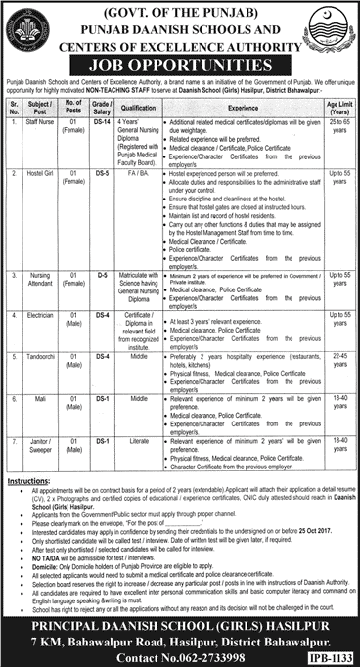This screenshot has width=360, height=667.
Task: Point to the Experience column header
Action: [249, 107]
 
